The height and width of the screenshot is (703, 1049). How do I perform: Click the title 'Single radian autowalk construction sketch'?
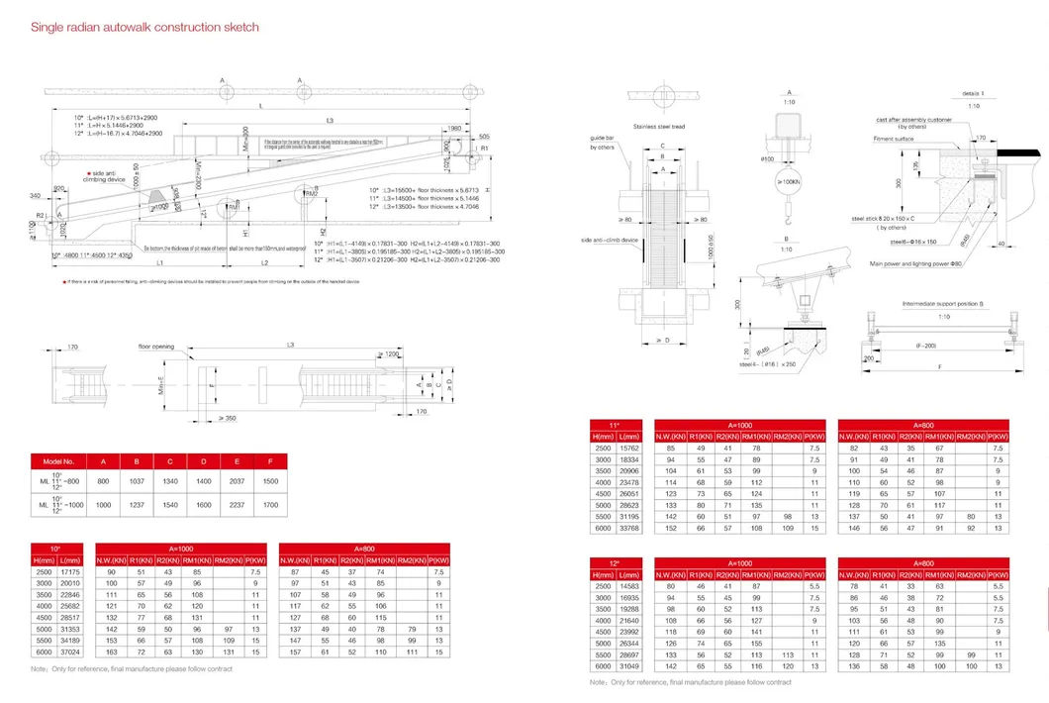coord(145,28)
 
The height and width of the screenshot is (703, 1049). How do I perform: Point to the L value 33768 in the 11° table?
coord(629,528)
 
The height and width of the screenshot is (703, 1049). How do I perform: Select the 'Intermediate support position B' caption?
coord(940,303)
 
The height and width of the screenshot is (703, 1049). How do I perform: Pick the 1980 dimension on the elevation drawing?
coord(453,129)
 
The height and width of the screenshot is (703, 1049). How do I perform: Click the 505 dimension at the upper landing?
coord(484,136)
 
